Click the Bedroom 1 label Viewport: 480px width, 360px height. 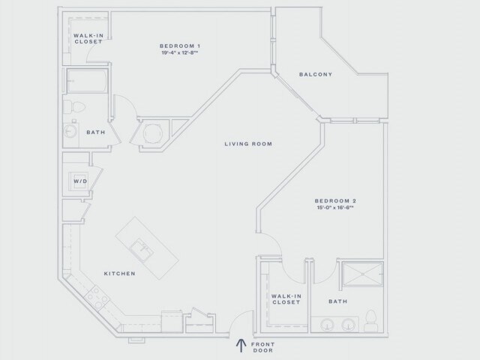(179, 46)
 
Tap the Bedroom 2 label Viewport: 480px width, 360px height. (335, 200)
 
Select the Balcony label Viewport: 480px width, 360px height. (316, 74)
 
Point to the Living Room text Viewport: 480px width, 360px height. (248, 143)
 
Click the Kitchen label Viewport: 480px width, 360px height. (119, 274)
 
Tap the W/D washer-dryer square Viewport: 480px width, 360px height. (79, 181)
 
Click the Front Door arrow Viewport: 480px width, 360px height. (241, 345)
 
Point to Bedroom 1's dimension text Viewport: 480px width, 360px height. (179, 53)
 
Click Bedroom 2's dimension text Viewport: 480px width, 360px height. (335, 208)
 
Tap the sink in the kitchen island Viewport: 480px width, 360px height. (139, 245)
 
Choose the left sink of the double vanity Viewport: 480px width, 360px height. (327, 325)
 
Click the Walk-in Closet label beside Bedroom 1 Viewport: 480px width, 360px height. (88, 38)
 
